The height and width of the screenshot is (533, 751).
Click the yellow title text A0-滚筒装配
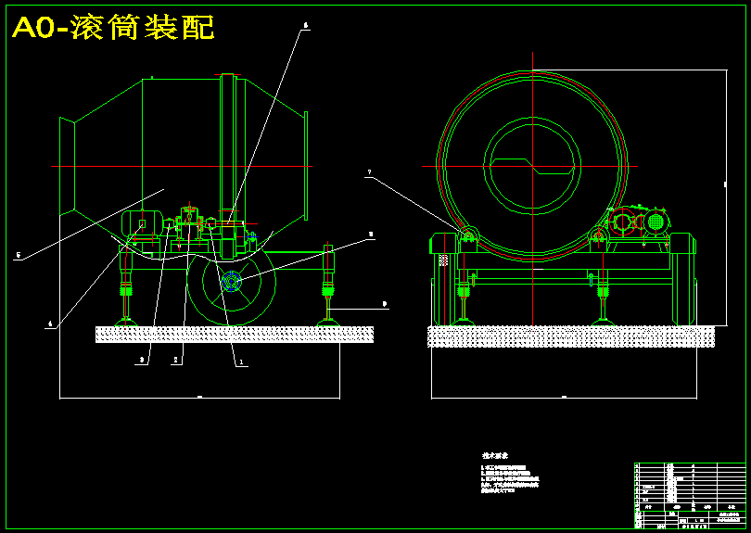click(113, 28)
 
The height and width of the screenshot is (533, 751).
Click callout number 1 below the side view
click(242, 363)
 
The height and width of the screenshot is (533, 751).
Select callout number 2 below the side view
click(175, 361)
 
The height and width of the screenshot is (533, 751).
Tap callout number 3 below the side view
click(142, 360)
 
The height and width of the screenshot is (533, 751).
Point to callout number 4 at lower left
click(51, 324)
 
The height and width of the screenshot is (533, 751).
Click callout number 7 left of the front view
click(368, 172)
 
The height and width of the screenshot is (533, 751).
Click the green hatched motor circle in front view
click(656, 222)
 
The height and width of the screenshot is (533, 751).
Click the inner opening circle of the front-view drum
click(532, 167)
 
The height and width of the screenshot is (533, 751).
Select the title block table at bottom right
click(689, 495)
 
